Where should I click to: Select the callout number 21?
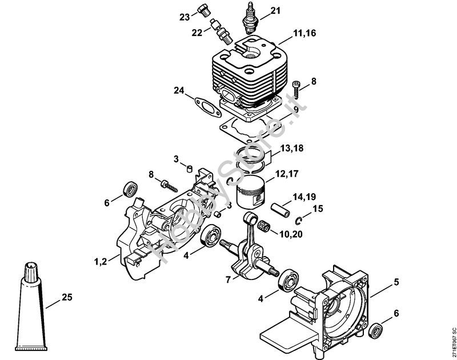[276, 11]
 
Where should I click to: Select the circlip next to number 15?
[299, 221]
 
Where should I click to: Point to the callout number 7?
[228, 279]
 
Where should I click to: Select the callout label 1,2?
[101, 262]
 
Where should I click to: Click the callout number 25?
[67, 297]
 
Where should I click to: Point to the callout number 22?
[197, 33]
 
